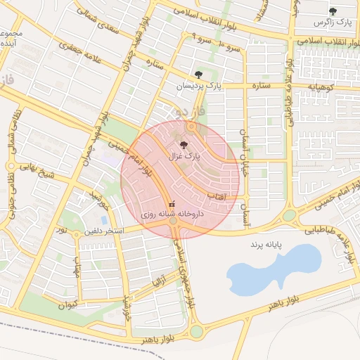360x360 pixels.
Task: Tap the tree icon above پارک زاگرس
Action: [x=333, y=11]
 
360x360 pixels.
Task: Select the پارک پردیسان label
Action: [x=199, y=85]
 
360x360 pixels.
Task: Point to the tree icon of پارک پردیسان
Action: [x=199, y=74]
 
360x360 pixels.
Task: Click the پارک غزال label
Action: [x=184, y=156]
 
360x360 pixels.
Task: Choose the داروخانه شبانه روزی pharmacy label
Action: [x=172, y=212]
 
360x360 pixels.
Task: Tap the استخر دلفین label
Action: [x=104, y=231]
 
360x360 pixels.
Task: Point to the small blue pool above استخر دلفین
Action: [x=104, y=219]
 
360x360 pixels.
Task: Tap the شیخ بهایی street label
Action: [x=36, y=169]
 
